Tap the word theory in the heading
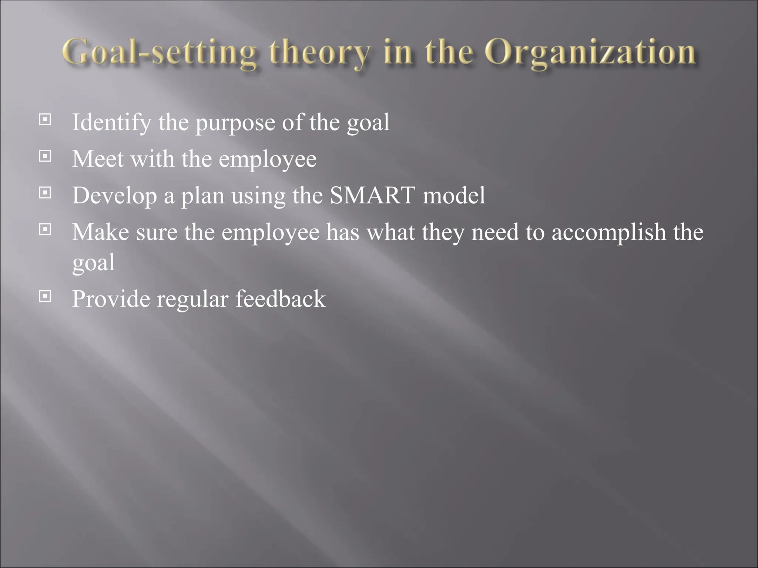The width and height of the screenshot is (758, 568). [x=319, y=53]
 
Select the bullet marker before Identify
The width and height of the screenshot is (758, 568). [x=45, y=119]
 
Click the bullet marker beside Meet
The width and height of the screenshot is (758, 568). [x=45, y=156]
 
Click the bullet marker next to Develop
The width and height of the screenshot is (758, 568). [x=45, y=193]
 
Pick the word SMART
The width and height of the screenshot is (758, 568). [x=372, y=195]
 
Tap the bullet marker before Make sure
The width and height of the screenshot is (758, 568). [x=45, y=229]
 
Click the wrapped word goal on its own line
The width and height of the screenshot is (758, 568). [x=93, y=263]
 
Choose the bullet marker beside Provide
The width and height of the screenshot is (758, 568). [x=45, y=296]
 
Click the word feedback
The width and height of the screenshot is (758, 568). [x=281, y=298]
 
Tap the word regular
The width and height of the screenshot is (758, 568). [x=192, y=299]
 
